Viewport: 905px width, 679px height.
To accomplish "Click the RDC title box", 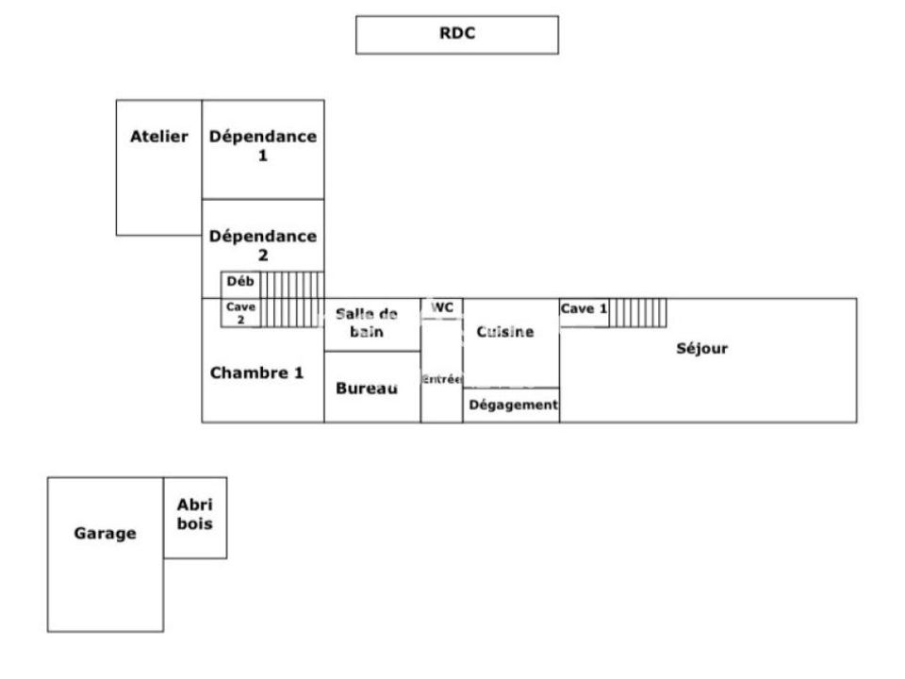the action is (x=457, y=35).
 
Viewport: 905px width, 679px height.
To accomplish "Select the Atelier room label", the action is (x=158, y=136).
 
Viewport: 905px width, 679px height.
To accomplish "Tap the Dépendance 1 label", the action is (x=263, y=145).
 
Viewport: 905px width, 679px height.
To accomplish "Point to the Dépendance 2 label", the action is (x=263, y=245).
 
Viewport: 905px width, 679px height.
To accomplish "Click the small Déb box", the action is (x=240, y=285).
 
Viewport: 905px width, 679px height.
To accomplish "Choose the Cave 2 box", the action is (x=240, y=313).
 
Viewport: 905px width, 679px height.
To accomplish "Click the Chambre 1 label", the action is (x=256, y=373).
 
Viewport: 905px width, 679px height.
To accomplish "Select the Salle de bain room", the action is (x=372, y=325).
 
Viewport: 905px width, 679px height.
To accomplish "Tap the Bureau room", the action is (x=372, y=387).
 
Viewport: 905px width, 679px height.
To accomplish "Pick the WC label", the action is (x=442, y=307).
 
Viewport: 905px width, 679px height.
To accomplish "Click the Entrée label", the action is (x=441, y=379).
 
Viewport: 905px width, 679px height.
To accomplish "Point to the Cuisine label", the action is (x=505, y=331).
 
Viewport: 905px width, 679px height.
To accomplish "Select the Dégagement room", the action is (x=511, y=406).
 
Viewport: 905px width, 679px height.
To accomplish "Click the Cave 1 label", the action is (x=584, y=309).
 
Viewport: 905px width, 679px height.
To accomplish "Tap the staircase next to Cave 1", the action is (x=638, y=313).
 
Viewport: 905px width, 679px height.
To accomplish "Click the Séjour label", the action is (x=701, y=348).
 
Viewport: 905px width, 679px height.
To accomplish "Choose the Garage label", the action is (x=105, y=533).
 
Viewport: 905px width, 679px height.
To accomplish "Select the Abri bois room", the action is (x=195, y=518).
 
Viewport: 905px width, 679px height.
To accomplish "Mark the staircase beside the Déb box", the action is (x=292, y=300).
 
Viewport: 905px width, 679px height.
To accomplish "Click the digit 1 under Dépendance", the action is (x=263, y=156).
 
